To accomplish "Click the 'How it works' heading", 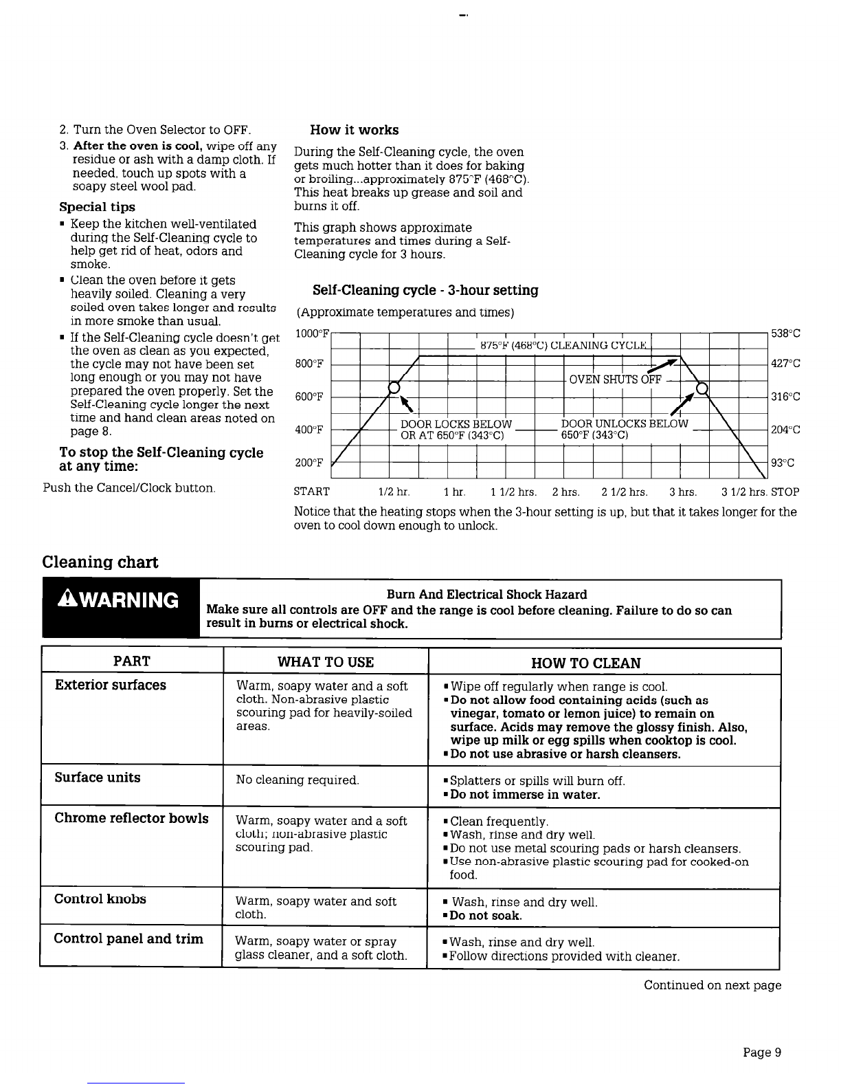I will pos(354,130).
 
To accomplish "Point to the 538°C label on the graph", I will pos(785,334).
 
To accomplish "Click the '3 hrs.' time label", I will pos(683,492).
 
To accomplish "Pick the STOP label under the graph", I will pos(785,492).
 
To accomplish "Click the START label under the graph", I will pos(311,492).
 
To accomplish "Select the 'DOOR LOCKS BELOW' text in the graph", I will pos(456,423).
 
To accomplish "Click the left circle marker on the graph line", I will pos(394,388).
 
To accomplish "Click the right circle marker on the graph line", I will pos(702,388).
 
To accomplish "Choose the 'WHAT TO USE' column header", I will pos(326,663).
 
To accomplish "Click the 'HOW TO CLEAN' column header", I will pos(586,663).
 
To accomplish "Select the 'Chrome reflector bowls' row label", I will pos(131,818).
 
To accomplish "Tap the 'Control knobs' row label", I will pos(100,899).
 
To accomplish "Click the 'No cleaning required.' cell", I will pos(298,780).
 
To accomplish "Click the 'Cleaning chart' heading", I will pos(100,562).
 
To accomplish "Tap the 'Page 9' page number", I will pos(762,1053).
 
